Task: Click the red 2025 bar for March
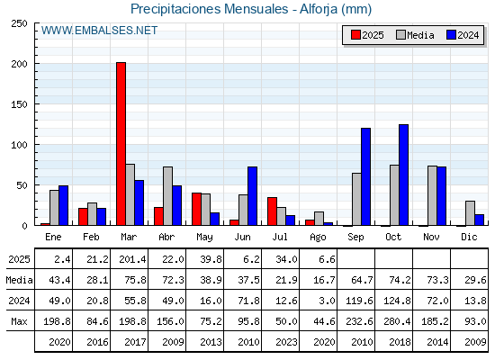[x=121, y=144]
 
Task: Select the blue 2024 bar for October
[x=404, y=175]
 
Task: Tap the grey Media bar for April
[x=167, y=196]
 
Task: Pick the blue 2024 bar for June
[x=252, y=196]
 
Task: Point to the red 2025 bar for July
[x=272, y=211]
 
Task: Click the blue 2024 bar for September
[x=365, y=176]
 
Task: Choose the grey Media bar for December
[x=470, y=213]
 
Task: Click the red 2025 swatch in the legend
[x=355, y=35]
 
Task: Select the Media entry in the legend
[x=415, y=35]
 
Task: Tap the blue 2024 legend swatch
[x=451, y=35]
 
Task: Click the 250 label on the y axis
[x=19, y=23]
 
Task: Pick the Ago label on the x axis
[x=318, y=238]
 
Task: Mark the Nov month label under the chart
[x=431, y=237]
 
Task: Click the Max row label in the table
[x=19, y=321]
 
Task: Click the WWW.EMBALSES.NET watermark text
[x=99, y=31]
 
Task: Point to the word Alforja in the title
[x=319, y=9]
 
